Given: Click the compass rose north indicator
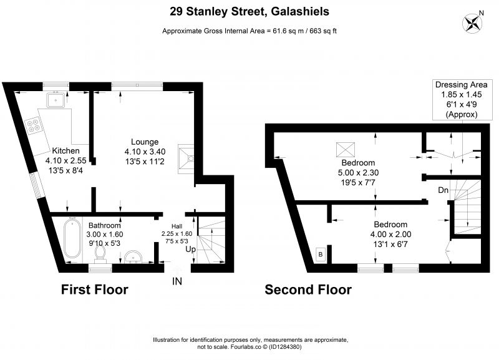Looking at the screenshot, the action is (473, 22).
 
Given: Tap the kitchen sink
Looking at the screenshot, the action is (56, 100).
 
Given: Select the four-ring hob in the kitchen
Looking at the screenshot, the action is (33, 125).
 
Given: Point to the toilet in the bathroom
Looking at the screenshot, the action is (100, 255).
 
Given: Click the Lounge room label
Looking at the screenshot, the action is (145, 142).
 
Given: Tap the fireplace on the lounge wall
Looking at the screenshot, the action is (186, 159).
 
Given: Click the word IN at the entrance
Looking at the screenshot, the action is (177, 281).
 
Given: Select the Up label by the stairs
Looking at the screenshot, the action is (190, 249).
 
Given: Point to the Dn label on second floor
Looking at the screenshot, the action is (443, 190).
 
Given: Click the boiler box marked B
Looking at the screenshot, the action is (321, 255).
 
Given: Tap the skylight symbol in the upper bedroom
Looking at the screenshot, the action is (346, 150).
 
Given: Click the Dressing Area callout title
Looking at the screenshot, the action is (461, 85).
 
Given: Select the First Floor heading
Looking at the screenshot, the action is (95, 289).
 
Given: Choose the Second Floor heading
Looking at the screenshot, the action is (308, 289).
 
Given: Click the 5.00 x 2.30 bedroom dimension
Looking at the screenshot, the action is (358, 173).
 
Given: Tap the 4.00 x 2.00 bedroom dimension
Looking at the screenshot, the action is (390, 235).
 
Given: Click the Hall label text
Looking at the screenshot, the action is (177, 226).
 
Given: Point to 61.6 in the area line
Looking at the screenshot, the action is (279, 31).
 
